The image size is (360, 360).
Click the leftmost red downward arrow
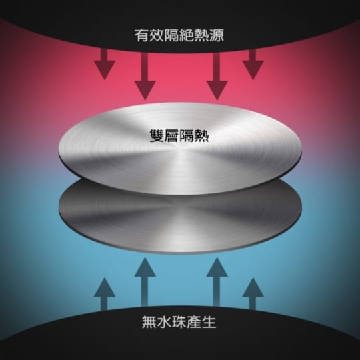pyautogui.click(x=105, y=65)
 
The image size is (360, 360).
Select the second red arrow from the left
pyautogui.click(x=145, y=77)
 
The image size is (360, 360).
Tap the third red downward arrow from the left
pyautogui.click(x=217, y=77)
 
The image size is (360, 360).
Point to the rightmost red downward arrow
pyautogui.click(x=253, y=65)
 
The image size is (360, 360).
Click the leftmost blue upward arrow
pyautogui.click(x=105, y=295)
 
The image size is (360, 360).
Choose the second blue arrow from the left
pyautogui.click(x=145, y=282)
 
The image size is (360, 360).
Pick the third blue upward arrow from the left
pyautogui.click(x=217, y=282)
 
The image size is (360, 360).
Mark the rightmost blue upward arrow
pyautogui.click(x=253, y=295)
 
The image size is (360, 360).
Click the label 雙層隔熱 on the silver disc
pyautogui.click(x=179, y=136)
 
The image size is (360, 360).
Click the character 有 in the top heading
pyautogui.click(x=141, y=35)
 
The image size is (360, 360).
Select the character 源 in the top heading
pyautogui.click(x=217, y=35)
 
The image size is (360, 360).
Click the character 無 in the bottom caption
pyautogui.click(x=149, y=322)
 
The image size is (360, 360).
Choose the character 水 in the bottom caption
pyautogui.click(x=164, y=322)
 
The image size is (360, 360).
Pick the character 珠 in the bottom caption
pyautogui.click(x=179, y=322)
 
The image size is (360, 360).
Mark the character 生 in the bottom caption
pyautogui.click(x=209, y=322)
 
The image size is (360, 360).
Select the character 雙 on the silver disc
pyautogui.click(x=157, y=136)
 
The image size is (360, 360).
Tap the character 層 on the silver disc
pyautogui.click(x=171, y=136)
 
